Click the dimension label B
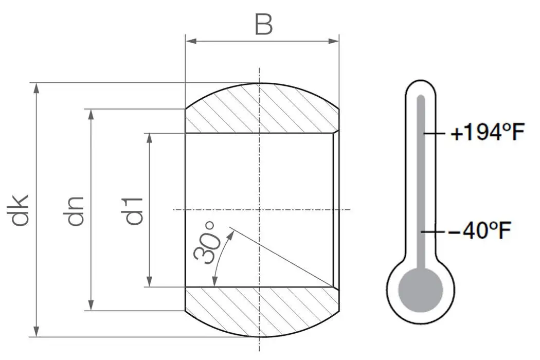(263, 24)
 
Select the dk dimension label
(21, 210)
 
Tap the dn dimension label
(76, 210)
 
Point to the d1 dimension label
(134, 210)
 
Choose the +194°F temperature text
(487, 134)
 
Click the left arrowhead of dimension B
(189, 40)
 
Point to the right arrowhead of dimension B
(335, 40)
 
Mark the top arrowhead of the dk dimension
(36, 87)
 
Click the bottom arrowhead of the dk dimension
(36, 332)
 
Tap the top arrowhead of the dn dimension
(91, 113)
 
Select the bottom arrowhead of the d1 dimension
(149, 282)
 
